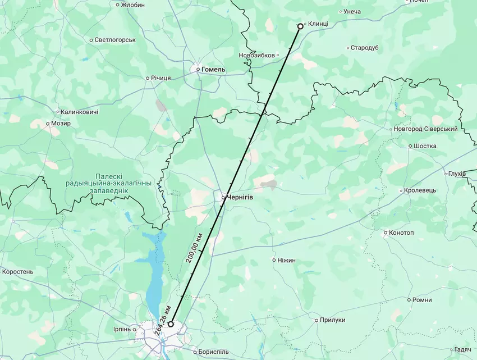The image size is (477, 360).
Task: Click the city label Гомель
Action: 214,70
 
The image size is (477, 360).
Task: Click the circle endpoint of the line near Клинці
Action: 300,26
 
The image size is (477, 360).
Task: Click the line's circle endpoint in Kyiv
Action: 171,324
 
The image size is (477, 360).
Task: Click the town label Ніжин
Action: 286,260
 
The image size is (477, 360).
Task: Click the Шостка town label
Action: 425,146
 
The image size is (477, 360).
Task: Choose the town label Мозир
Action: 61,123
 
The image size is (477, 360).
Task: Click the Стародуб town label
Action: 365,48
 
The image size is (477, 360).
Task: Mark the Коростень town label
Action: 18,272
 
